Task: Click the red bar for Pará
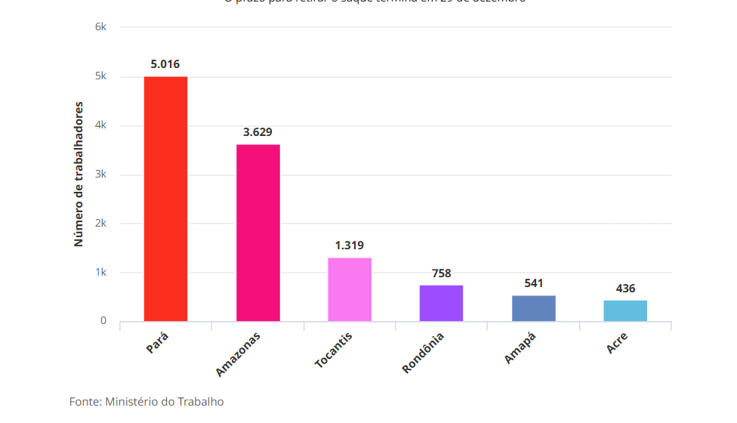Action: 165,199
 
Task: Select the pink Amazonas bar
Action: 257,233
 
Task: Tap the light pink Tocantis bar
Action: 350,289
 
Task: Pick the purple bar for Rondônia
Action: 441,303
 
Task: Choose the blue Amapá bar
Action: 533,308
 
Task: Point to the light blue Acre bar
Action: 625,310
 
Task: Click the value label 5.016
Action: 165,64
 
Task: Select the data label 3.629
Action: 257,132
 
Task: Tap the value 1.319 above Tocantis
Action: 350,245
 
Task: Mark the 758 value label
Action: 442,273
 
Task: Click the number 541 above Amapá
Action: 534,284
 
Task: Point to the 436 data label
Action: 625,289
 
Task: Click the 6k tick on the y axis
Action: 100,27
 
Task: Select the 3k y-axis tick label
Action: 100,174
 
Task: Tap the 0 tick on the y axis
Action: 103,321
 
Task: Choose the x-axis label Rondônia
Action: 424,351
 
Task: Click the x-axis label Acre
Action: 617,343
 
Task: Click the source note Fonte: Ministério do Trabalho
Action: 146,402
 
